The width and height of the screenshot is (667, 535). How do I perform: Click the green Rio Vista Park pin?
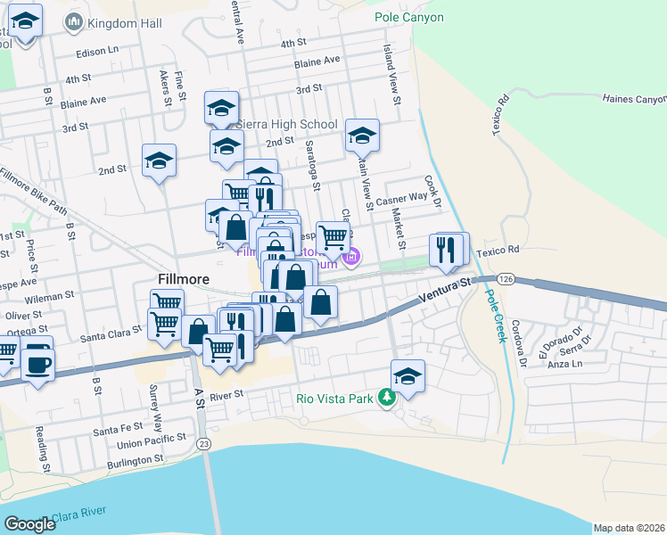[x=387, y=398]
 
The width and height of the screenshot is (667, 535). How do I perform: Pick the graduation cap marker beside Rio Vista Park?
[x=408, y=376]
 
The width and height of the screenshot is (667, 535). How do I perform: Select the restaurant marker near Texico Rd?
[x=448, y=250]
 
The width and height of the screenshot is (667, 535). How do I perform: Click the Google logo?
[x=30, y=524]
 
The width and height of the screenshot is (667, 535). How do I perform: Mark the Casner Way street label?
[x=406, y=198]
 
